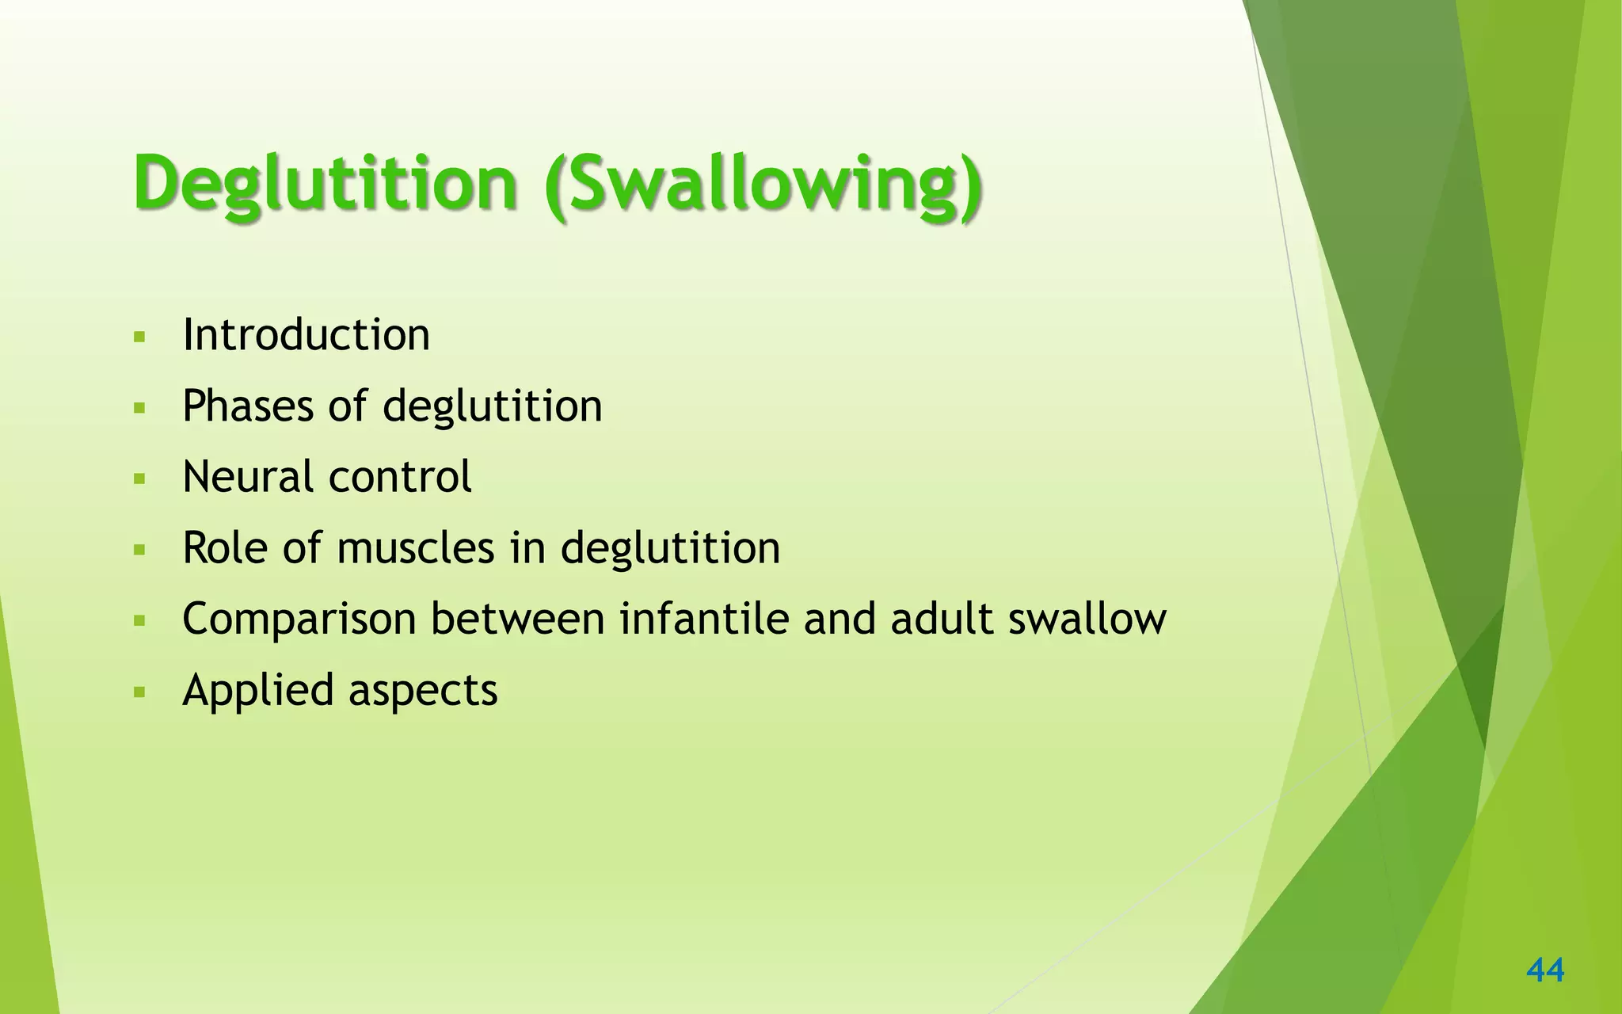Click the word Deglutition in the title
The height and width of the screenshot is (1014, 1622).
tap(325, 184)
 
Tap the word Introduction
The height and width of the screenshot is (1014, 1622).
tap(306, 334)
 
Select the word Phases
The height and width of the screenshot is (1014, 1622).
tap(248, 406)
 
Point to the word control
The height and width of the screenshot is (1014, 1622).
tap(400, 477)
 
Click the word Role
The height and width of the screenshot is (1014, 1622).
tap(226, 547)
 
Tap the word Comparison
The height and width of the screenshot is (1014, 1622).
tap(299, 619)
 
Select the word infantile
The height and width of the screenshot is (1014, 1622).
tap(704, 619)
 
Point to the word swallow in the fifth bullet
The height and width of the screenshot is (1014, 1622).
tap(1087, 619)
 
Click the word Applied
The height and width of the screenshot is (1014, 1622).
tap(258, 691)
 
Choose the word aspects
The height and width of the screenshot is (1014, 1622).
tap(423, 691)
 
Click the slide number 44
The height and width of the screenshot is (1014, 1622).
tap(1545, 970)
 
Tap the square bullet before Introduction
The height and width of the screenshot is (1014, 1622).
tap(140, 337)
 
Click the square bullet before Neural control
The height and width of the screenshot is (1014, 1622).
tap(140, 479)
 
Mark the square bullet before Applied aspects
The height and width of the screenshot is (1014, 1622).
tap(140, 692)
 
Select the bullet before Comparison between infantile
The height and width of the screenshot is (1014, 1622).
tap(140, 621)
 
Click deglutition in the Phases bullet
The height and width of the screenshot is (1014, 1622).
tap(492, 406)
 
